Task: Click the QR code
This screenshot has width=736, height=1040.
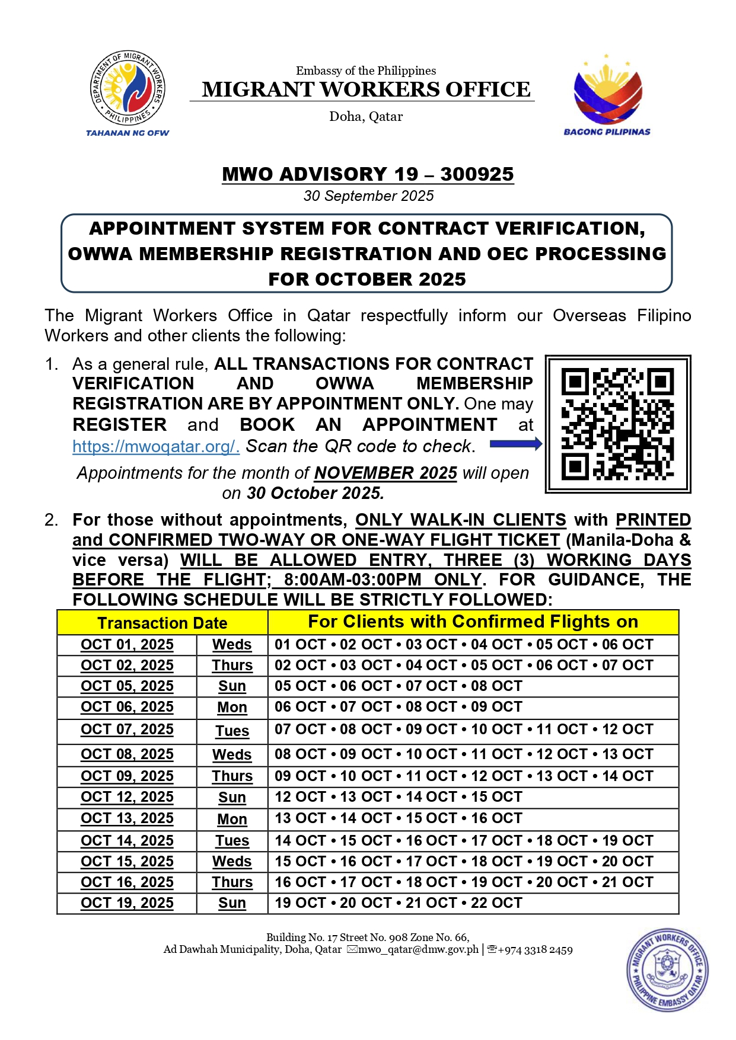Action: (x=617, y=424)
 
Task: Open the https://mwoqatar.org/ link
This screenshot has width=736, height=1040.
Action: (x=155, y=446)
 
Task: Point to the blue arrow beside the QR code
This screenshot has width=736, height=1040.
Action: (x=515, y=444)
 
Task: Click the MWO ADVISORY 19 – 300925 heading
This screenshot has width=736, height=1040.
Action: (x=368, y=174)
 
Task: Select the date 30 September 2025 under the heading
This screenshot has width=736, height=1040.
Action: (x=368, y=196)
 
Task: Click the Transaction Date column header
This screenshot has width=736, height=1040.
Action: (x=162, y=623)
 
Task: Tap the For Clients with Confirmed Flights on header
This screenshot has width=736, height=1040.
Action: (x=473, y=622)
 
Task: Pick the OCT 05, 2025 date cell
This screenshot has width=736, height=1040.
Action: (x=127, y=686)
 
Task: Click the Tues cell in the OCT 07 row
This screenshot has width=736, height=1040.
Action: (x=232, y=731)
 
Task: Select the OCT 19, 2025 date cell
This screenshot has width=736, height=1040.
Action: (x=127, y=903)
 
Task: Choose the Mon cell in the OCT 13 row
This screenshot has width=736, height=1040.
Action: (x=232, y=819)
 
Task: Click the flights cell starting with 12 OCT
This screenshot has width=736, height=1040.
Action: (x=398, y=797)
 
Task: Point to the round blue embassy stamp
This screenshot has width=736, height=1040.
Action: (x=667, y=971)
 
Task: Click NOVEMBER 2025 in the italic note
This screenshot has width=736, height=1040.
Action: (x=385, y=473)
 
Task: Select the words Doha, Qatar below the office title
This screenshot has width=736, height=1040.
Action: (x=366, y=116)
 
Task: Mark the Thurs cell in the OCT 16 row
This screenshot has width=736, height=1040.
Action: (x=232, y=882)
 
